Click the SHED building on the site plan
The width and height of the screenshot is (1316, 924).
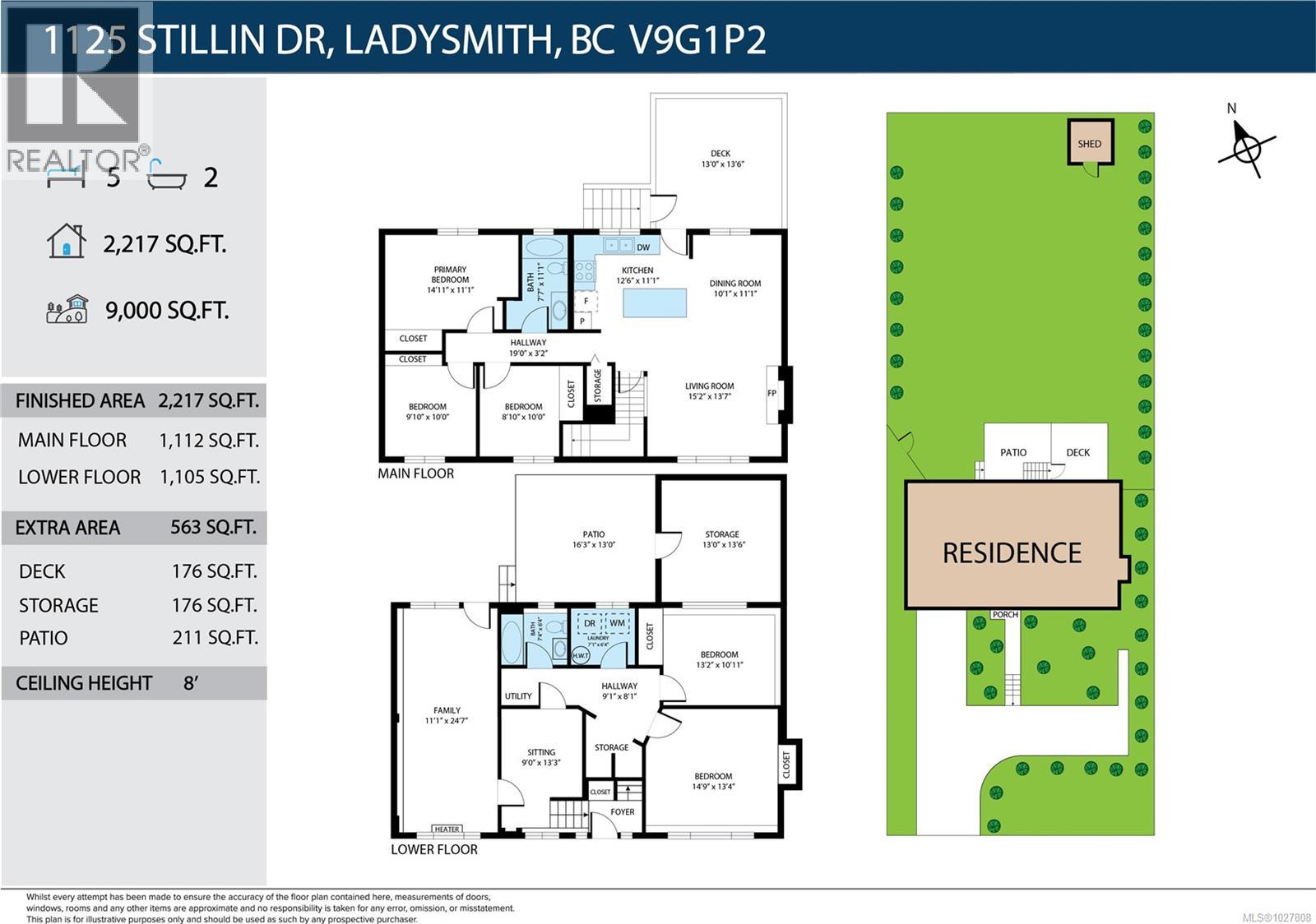point(1090,142)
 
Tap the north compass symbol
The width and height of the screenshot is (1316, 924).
point(1247,148)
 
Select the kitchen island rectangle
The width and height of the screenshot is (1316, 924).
point(655,303)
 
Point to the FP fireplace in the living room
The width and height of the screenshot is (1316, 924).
point(772,393)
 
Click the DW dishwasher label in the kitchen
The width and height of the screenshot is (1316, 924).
point(643,247)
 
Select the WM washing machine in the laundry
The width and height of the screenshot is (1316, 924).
point(618,623)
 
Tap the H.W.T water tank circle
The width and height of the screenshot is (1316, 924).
point(579,654)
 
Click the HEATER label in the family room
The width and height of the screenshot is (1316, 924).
point(447,829)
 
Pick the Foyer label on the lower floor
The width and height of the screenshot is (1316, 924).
point(622,811)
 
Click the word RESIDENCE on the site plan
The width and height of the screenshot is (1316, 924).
point(1012,553)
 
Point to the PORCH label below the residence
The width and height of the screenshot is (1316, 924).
point(1004,614)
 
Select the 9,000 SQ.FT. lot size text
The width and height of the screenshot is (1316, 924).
point(167,311)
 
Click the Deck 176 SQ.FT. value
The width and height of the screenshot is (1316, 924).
point(214,571)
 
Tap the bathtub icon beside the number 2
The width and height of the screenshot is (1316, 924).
point(166,176)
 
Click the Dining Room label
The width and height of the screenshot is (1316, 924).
point(734,288)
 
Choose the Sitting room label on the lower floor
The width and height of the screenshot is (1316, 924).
point(540,756)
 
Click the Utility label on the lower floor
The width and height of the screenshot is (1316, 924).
point(518,695)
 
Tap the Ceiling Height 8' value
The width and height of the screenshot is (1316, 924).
point(191,683)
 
